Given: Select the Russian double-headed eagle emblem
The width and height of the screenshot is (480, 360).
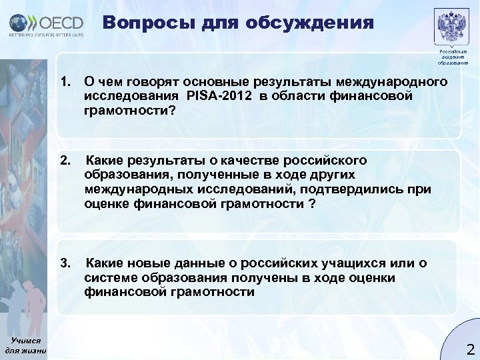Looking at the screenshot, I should pos(452,26).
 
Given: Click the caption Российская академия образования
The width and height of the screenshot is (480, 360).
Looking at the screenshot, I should pos(453,57).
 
